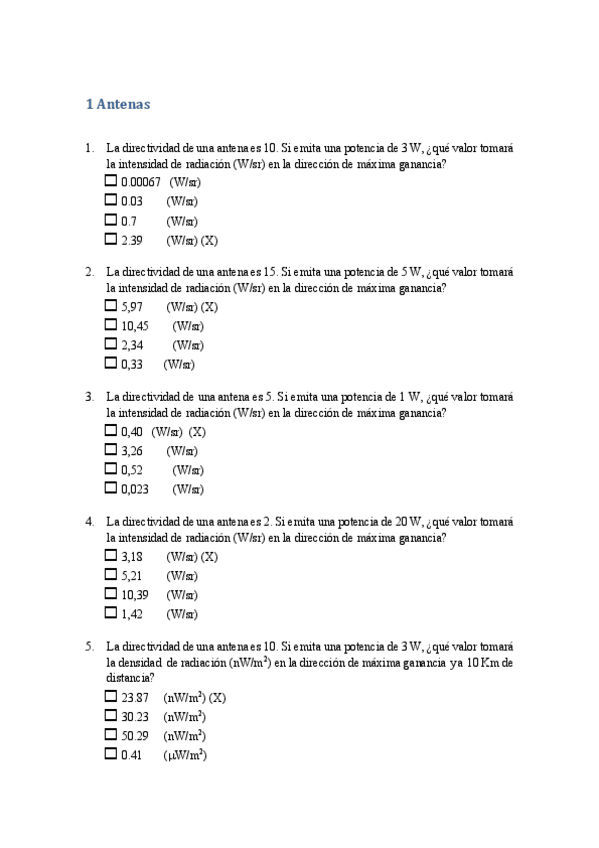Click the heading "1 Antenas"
coord(118,103)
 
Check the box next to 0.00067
coord(111,182)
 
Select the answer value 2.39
coord(131,240)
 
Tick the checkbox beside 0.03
coord(111,201)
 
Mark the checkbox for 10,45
coord(111,326)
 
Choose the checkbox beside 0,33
coord(111,365)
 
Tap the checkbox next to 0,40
coord(111,431)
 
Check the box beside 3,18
coord(111,556)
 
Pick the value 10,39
coord(135,595)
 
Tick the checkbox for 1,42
coord(111,614)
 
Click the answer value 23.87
coord(134,698)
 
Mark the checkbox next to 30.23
coord(111,717)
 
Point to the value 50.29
coord(134,737)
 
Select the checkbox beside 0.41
coord(111,756)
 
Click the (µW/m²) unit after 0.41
coord(185,756)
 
